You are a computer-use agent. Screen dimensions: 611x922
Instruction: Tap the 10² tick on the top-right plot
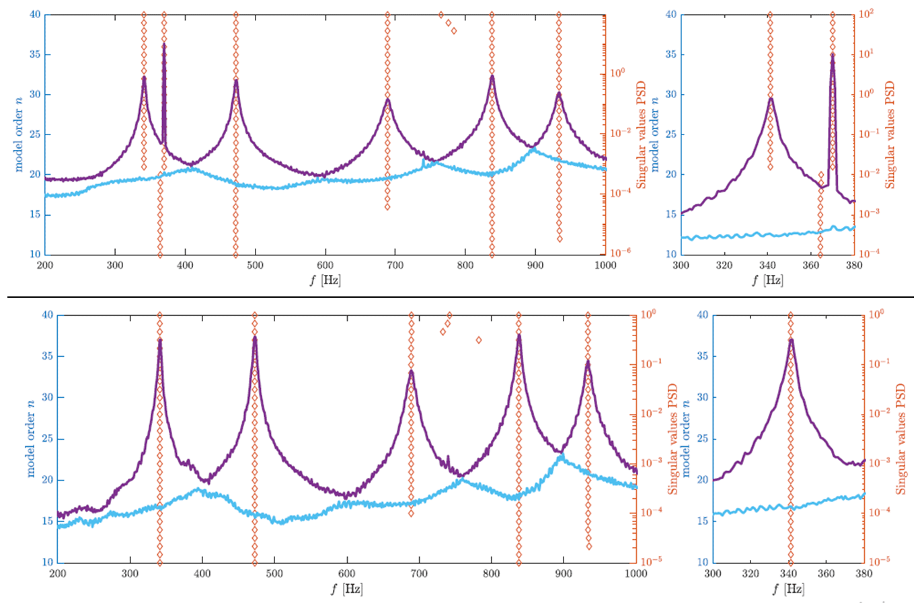tap(866, 14)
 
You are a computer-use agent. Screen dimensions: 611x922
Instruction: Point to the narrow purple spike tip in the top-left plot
tap(164, 44)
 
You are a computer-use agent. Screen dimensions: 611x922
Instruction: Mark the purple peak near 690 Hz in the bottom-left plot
tap(411, 371)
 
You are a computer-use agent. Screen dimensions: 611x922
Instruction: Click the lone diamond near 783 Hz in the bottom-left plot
tap(479, 340)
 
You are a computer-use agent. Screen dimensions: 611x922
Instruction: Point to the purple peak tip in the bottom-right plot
tap(791, 339)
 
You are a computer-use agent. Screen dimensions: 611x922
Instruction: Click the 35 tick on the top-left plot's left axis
tap(34, 54)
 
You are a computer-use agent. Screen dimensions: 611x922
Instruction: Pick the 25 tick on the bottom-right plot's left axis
tap(703, 439)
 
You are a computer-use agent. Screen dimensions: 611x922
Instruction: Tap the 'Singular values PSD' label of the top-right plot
tap(890, 134)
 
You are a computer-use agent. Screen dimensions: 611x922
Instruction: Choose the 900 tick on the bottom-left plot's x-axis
tap(564, 573)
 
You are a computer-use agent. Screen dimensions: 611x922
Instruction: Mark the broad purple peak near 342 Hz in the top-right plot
tap(771, 98)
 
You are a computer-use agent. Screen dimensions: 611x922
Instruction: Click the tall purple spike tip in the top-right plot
tap(833, 54)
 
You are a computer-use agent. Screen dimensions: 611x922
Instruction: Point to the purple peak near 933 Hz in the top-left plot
tap(558, 93)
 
